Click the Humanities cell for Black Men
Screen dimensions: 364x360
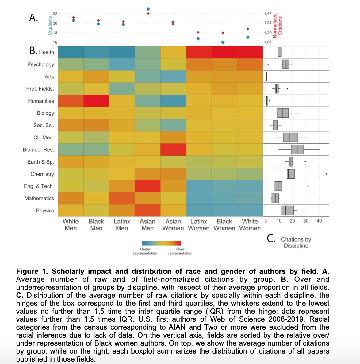click(96, 101)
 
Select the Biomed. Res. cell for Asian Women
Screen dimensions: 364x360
click(173, 149)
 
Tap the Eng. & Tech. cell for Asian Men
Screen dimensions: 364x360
click(147, 186)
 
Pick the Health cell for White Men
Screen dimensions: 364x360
click(71, 52)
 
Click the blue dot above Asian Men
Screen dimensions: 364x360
click(148, 9)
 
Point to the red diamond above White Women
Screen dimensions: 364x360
click(248, 29)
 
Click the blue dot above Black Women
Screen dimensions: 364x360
click(223, 42)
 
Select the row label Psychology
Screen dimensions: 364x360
click(40, 64)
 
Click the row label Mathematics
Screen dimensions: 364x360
click(39, 198)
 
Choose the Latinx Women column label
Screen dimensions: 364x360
click(199, 225)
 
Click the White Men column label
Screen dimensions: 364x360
click(71, 225)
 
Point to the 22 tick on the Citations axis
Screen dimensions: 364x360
click(55, 14)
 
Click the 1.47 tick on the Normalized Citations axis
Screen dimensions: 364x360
click(268, 14)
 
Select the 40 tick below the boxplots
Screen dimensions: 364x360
click(319, 221)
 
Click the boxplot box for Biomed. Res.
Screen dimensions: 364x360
click(297, 149)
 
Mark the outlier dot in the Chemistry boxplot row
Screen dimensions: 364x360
click(326, 174)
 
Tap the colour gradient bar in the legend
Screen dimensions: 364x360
click(162, 243)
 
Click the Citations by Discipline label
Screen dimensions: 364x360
click(296, 242)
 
